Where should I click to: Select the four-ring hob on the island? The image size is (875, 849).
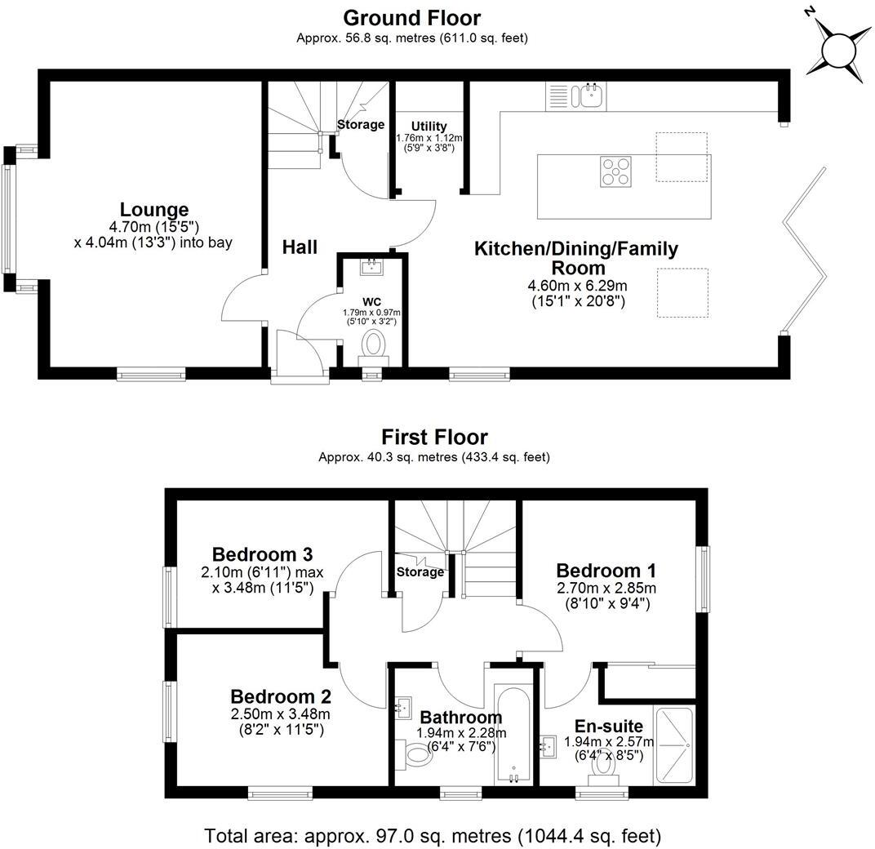(616, 171)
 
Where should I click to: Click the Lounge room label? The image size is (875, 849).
(154, 210)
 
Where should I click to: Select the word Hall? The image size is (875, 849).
(300, 247)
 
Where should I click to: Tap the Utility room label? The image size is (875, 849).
(429, 126)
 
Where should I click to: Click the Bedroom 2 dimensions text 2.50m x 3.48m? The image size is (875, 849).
(280, 714)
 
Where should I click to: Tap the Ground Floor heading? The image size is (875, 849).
(411, 17)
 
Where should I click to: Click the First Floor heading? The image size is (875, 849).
(434, 437)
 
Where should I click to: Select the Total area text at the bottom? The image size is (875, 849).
(433, 835)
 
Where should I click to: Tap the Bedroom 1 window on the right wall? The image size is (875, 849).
(702, 578)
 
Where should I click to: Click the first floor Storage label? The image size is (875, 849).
(420, 572)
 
